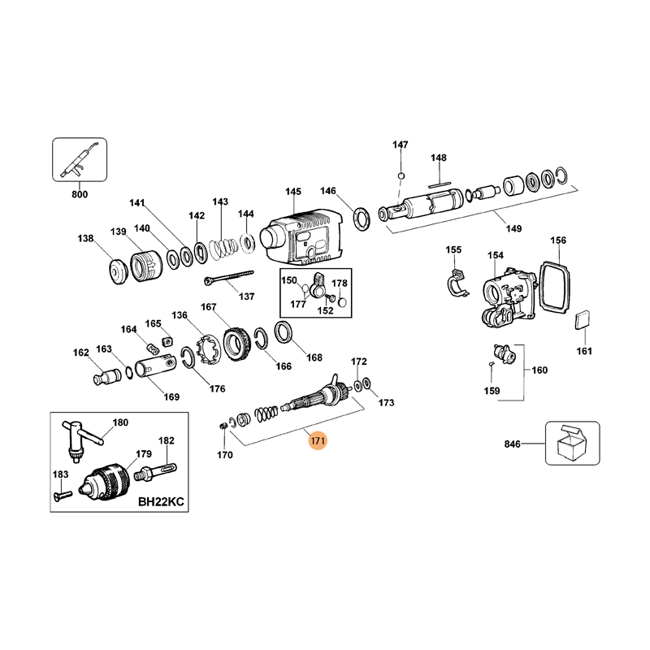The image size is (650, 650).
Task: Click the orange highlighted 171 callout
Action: coord(317,442)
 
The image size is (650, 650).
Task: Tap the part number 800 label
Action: coord(80,194)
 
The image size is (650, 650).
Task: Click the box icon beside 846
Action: coord(572,444)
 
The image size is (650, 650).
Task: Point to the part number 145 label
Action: coord(292,192)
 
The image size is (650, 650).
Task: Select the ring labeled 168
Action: coord(284,331)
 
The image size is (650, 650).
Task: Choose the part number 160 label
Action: coord(539,370)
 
